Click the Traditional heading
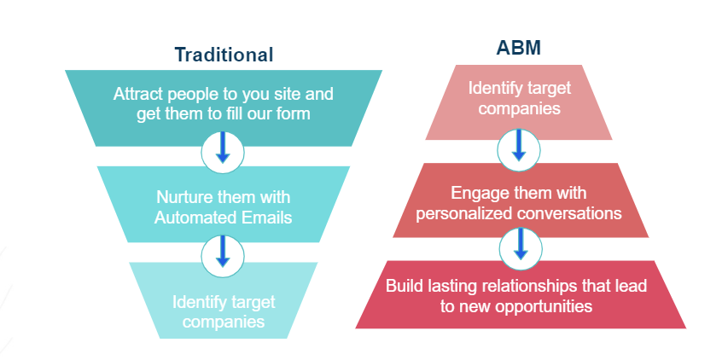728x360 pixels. [224, 55]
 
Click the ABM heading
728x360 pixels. [518, 48]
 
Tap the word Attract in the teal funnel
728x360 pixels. [138, 94]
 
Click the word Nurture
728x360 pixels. [186, 197]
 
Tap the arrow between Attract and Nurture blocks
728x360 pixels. [223, 147]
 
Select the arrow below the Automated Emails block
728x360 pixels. [223, 251]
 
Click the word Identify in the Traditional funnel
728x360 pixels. [198, 302]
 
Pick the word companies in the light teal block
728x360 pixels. [224, 322]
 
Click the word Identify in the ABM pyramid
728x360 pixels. [493, 88]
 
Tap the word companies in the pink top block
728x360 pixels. [520, 108]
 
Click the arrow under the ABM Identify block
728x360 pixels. [519, 145]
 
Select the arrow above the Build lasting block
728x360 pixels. [521, 243]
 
